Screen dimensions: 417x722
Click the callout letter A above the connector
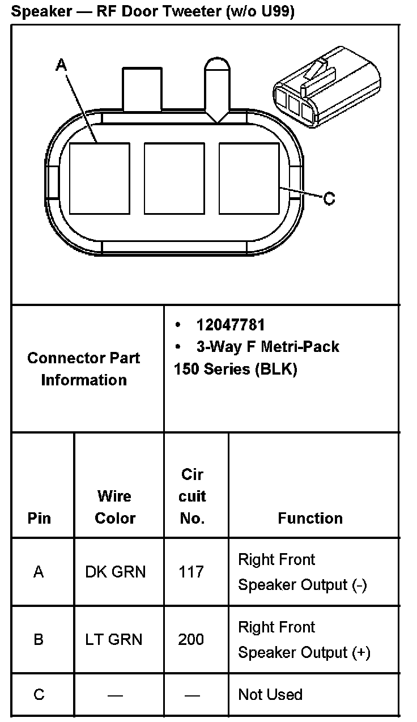click(61, 66)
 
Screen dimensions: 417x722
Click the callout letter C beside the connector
click(329, 198)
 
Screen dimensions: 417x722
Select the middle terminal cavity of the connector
click(174, 179)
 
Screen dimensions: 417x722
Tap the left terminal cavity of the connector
click(99, 179)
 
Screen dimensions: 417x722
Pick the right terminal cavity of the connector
click(249, 179)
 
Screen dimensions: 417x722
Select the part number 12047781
click(231, 325)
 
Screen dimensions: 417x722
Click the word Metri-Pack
click(300, 346)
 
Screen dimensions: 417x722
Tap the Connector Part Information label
click(84, 369)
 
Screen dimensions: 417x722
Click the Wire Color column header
click(115, 507)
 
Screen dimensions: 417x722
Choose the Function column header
click(310, 518)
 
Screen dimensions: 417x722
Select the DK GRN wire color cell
click(115, 572)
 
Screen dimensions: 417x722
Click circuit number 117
click(191, 572)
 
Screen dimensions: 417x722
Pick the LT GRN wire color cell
click(114, 640)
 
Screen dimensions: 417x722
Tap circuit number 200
click(191, 640)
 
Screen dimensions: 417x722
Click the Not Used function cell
click(270, 694)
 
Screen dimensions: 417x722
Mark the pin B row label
click(39, 640)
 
